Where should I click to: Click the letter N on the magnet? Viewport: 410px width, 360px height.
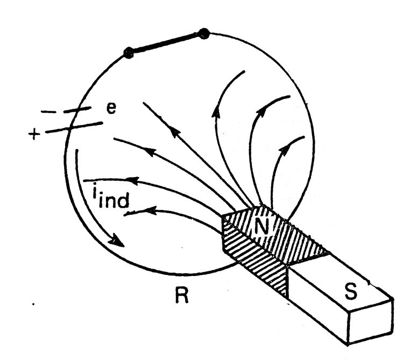[x=262, y=227]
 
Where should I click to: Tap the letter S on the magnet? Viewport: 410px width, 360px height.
[x=350, y=291]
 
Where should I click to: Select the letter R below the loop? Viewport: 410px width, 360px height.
[x=181, y=295]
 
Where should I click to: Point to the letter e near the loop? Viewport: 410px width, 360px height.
[x=111, y=108]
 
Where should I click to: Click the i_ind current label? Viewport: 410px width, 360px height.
[x=111, y=197]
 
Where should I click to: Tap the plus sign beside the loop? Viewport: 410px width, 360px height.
[x=34, y=135]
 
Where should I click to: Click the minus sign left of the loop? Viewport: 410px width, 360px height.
[x=48, y=112]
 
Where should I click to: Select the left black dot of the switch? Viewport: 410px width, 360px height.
[x=129, y=53]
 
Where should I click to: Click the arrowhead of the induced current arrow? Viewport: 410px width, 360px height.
[x=117, y=241]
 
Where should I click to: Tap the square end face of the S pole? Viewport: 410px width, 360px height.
[x=371, y=321]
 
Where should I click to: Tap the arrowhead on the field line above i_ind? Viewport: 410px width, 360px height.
[x=133, y=180]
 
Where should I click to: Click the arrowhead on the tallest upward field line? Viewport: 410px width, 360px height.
[x=216, y=113]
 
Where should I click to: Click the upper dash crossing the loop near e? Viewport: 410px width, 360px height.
[x=77, y=109]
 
